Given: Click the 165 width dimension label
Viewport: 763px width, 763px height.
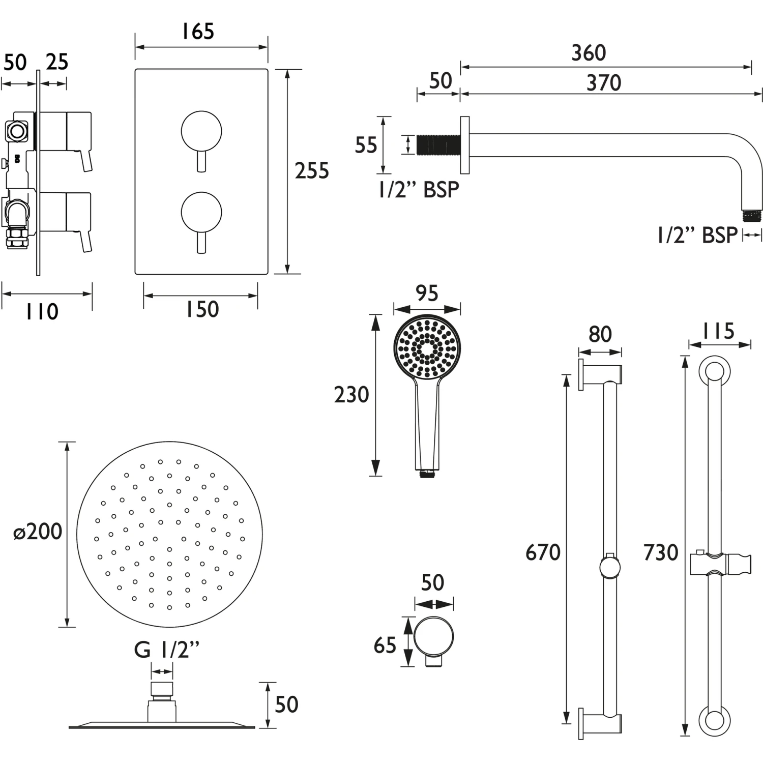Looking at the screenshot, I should coord(198,32).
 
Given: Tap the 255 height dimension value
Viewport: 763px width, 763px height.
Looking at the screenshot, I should coord(312,171).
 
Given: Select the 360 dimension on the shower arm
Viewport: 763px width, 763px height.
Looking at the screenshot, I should coord(589,53).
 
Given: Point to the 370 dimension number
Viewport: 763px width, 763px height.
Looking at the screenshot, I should coord(604,83).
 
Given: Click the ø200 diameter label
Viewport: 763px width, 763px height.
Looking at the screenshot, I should coord(38,532).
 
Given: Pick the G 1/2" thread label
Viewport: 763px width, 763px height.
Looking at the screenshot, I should coord(166,650).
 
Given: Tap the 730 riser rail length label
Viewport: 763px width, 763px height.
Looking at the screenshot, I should coord(661,552).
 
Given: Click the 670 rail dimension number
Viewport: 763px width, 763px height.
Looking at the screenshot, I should coord(543,552).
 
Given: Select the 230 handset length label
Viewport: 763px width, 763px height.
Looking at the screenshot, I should coord(351,395).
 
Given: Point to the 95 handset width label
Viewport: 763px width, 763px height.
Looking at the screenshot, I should coord(427,294).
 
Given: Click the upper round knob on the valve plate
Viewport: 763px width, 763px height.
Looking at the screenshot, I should coord(201,131).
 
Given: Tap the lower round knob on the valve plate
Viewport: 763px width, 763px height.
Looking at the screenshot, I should coord(201,212).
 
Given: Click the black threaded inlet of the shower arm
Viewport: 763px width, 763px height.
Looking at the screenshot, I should coord(438,144).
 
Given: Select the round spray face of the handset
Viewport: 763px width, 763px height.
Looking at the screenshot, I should coord(427,348).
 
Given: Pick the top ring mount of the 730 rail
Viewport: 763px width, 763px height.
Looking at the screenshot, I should coord(714,371).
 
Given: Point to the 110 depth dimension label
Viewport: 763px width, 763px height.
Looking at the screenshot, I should coord(42,311).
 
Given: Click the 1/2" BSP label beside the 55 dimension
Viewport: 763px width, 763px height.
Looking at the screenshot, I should coord(419,190).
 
